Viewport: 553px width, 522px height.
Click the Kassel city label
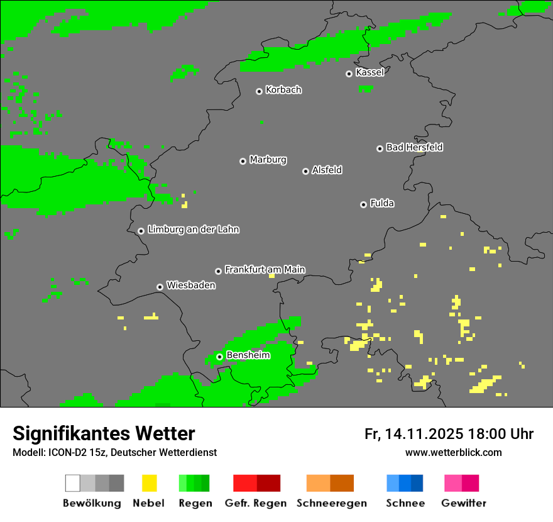click(370, 72)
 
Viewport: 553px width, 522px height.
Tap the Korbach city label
click(283, 90)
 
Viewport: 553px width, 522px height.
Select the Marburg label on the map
click(268, 160)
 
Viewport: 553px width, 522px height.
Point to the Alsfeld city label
click(327, 170)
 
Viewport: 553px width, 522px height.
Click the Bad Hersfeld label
click(414, 147)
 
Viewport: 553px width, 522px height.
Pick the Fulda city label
click(382, 203)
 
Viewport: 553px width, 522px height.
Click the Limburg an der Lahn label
click(193, 230)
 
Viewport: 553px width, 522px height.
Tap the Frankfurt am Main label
click(265, 270)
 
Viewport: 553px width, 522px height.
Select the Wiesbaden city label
click(190, 286)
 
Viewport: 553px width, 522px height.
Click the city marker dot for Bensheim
click(219, 357)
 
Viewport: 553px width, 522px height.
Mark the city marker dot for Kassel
click(349, 74)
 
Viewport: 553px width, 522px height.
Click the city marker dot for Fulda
click(363, 204)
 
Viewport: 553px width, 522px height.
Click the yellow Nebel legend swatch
click(150, 483)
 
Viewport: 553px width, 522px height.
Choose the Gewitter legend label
click(464, 503)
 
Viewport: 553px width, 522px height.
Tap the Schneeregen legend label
click(332, 503)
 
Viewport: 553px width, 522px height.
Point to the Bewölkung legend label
click(92, 503)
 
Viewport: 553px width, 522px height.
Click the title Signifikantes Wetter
click(104, 433)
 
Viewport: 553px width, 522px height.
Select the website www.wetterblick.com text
click(453, 452)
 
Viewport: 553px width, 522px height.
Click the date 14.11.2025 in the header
click(424, 434)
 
